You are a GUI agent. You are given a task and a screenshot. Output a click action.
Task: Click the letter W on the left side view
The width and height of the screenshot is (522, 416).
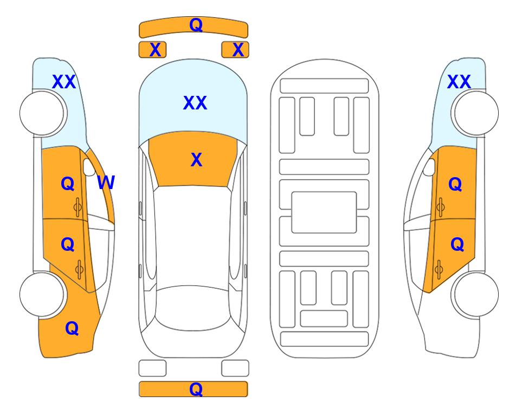point(106,183)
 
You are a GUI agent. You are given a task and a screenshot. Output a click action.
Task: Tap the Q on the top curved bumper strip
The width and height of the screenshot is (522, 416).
point(196,24)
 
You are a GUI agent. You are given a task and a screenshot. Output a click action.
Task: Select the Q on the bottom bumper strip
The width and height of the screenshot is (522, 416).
point(196,389)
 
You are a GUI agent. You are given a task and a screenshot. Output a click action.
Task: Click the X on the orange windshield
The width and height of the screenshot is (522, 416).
point(196,160)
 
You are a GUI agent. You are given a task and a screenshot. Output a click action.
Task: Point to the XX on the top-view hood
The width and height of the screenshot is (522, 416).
point(195,103)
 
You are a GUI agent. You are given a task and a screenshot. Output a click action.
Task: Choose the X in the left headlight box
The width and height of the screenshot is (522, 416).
point(155,50)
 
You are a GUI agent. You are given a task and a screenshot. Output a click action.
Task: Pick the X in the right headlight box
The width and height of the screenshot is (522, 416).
point(238,50)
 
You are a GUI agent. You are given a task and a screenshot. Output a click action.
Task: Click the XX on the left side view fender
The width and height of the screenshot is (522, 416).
point(64,82)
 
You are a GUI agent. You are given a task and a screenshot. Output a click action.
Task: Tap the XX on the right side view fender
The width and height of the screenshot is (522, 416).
point(459,82)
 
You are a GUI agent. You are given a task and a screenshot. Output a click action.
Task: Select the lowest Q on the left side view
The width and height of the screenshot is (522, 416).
point(72,328)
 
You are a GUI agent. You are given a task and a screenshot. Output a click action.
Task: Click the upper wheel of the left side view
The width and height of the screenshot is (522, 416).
point(43,113)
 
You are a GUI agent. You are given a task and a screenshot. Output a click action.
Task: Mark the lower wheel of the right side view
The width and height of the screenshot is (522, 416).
point(475,294)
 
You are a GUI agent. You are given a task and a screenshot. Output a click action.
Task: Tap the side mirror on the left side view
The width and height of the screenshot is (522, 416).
point(89,167)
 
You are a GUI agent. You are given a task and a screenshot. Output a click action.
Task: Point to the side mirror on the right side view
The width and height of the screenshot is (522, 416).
point(429,167)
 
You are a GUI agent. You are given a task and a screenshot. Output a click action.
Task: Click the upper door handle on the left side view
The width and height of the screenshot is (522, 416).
point(78,207)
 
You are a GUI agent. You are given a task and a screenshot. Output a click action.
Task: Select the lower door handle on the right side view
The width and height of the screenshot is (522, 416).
point(439,270)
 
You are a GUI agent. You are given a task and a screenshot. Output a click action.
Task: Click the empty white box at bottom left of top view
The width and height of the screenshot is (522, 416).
point(152,368)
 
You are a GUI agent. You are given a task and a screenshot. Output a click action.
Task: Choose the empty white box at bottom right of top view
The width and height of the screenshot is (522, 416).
point(235,368)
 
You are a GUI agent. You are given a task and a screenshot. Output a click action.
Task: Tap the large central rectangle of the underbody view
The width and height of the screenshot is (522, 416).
point(324,212)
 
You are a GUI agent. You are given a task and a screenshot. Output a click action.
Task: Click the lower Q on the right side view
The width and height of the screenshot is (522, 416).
point(457,245)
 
